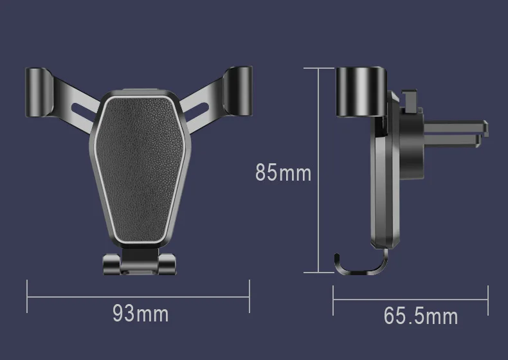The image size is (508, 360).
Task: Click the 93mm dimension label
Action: point(140,314)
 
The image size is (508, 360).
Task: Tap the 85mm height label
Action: point(283,173)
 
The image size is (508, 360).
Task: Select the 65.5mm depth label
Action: point(421,316)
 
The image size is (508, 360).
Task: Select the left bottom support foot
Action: point(111,264)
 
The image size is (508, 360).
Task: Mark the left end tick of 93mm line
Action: point(27,296)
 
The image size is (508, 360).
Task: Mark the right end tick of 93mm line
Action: point(249,296)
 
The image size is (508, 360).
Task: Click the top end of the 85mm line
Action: point(318,67)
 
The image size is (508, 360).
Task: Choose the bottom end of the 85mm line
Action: point(318,273)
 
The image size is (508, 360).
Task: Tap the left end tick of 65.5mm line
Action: point(333,297)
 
